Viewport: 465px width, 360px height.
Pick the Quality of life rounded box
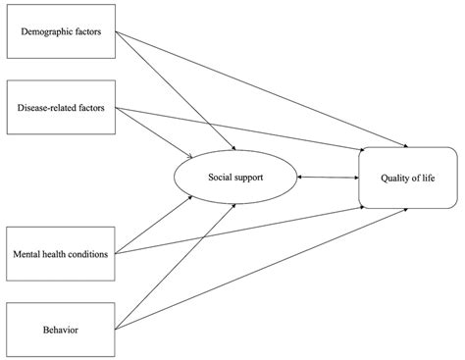pyautogui.click(x=408, y=178)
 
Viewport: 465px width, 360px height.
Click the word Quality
pyautogui.click(x=392, y=178)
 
